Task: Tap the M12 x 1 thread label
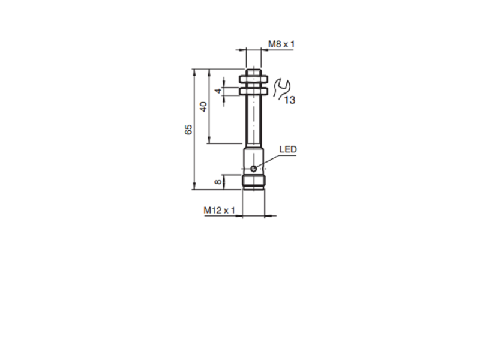[x=219, y=210]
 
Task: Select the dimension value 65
[x=188, y=130]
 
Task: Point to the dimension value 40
[x=203, y=107]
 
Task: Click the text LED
[x=288, y=149]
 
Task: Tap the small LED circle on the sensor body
[x=254, y=168]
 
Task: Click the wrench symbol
[x=280, y=88]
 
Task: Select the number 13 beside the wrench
[x=290, y=100]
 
